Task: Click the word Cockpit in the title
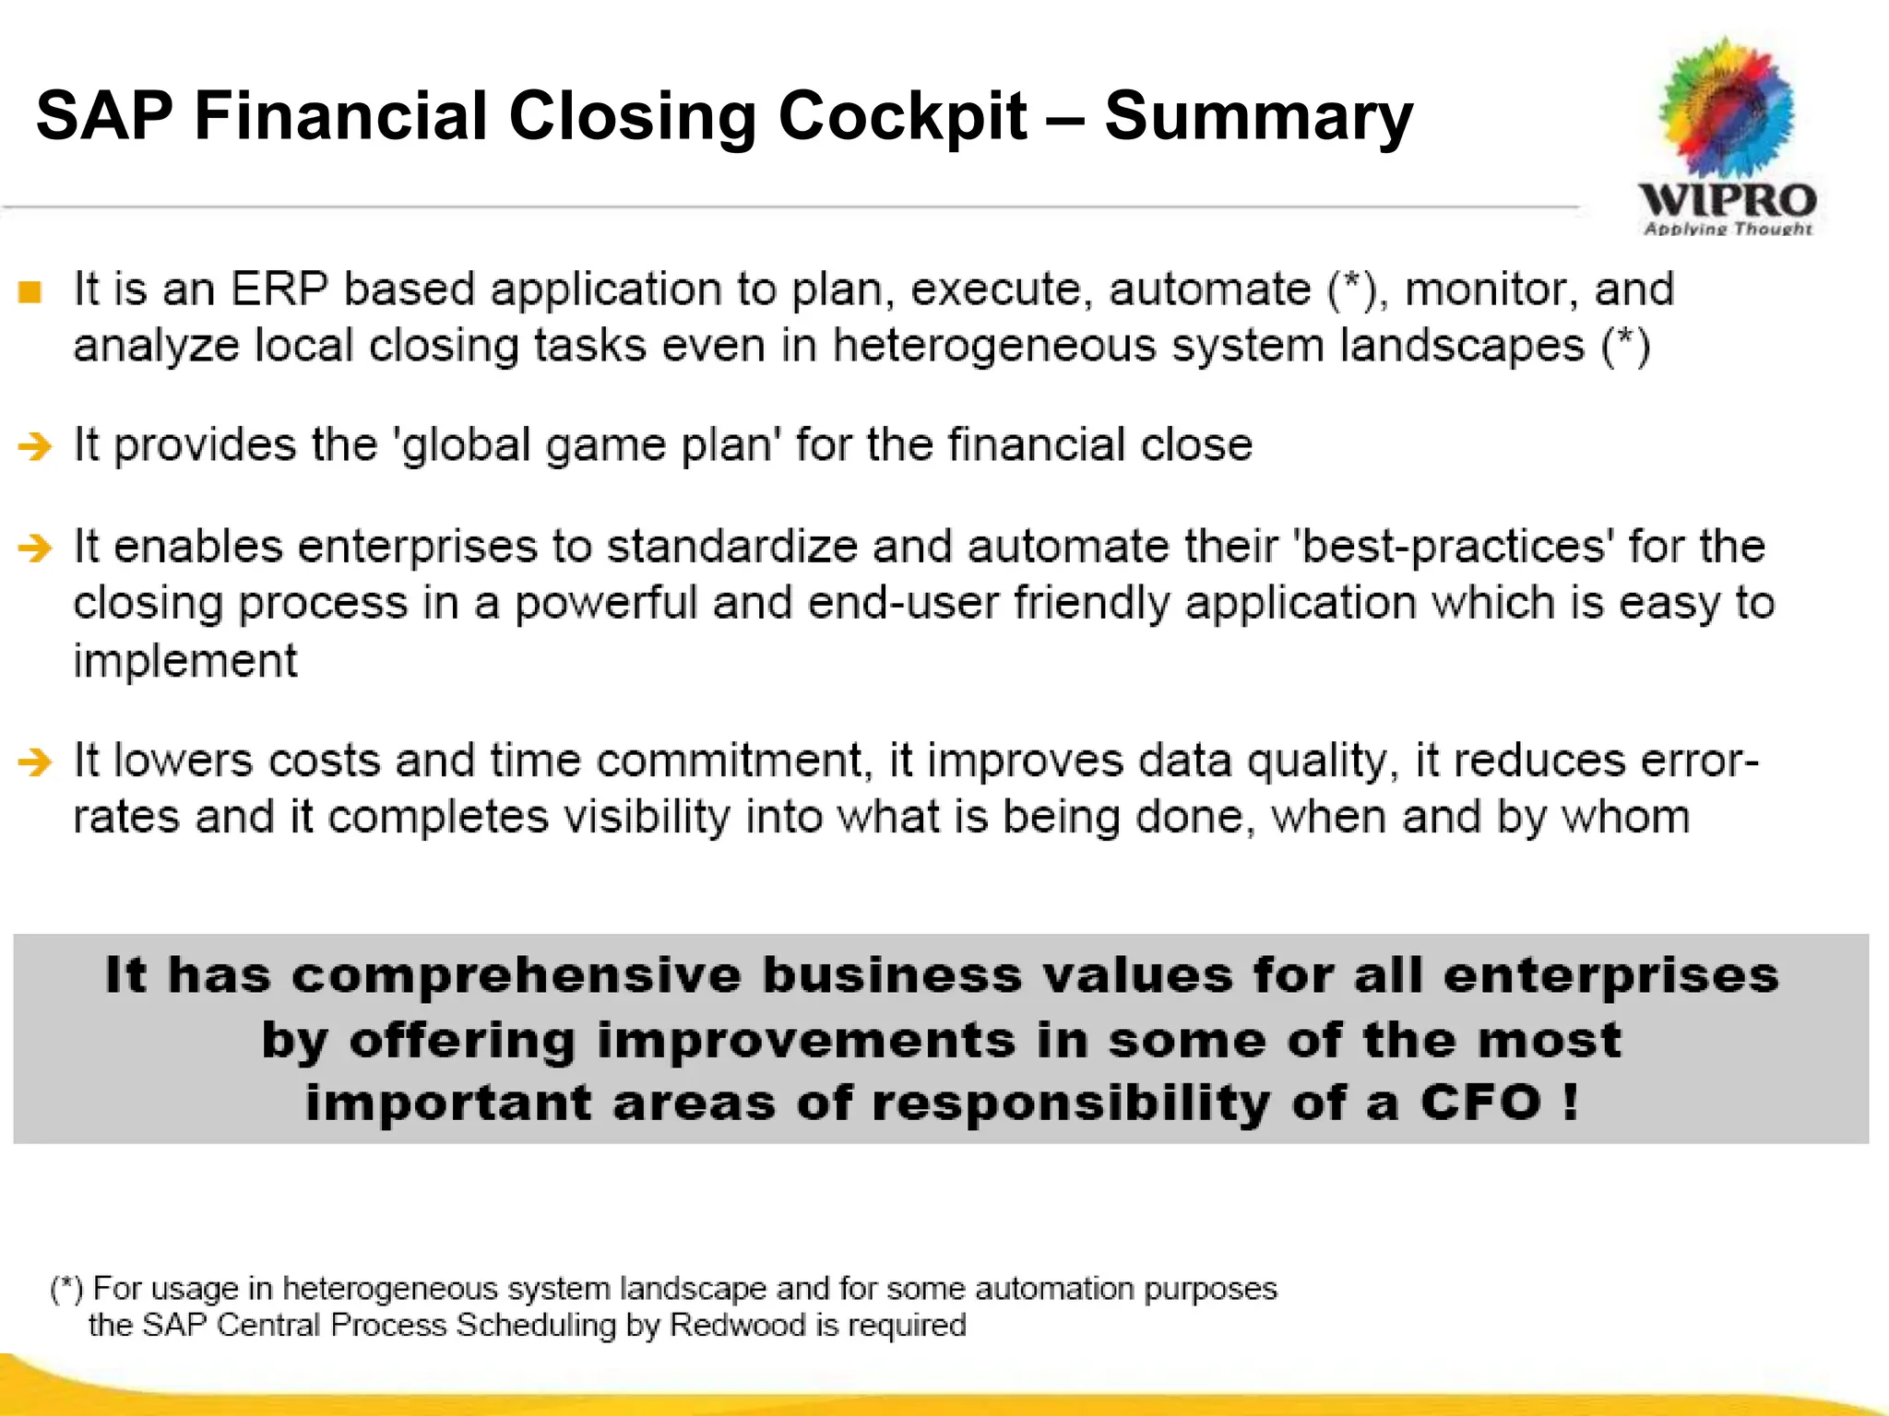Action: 901,117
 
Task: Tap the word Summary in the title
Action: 1257,117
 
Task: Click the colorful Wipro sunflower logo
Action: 1727,106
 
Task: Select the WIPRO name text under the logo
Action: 1727,200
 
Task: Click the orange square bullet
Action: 30,292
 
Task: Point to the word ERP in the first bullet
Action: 279,289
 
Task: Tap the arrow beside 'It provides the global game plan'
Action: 35,446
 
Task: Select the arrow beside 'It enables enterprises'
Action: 35,548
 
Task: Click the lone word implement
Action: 184,661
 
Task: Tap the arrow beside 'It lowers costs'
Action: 35,762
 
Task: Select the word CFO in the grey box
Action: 1479,1103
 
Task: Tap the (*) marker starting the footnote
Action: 66,1288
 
